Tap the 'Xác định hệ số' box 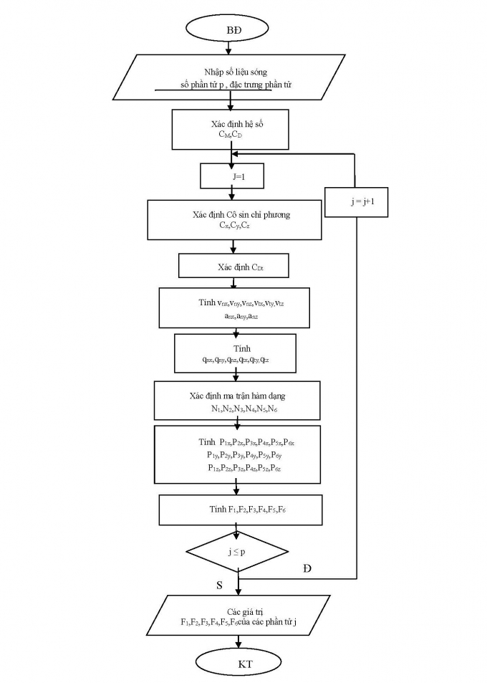[230, 129]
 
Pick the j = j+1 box [356, 202]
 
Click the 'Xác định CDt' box [233, 267]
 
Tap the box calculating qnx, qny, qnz [235, 353]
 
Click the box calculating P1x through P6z [237, 454]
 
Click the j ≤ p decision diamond [237, 551]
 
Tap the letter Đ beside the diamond [307, 568]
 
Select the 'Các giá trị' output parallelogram [237, 616]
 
